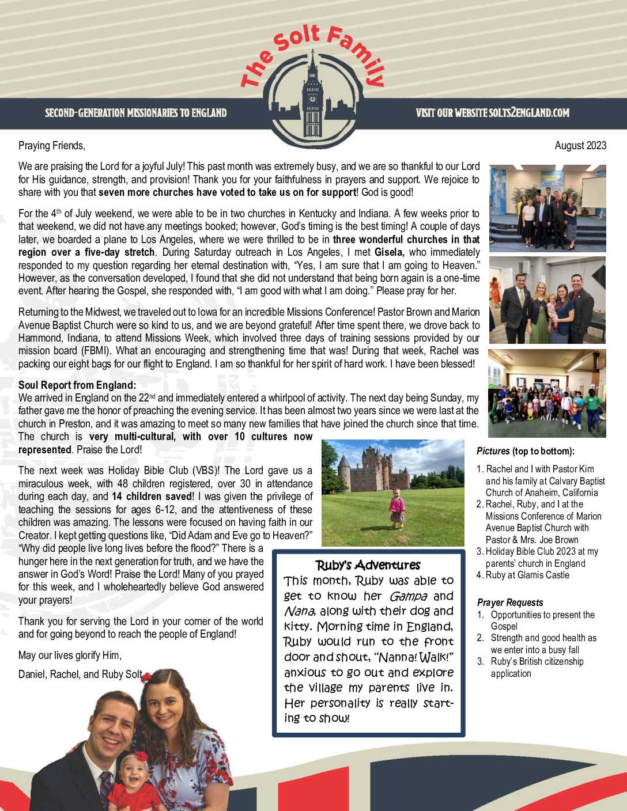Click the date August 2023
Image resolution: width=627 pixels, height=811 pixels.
[x=580, y=145]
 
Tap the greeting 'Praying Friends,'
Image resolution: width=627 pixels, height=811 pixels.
[x=52, y=145]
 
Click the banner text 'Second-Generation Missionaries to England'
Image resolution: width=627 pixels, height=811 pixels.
[x=136, y=112]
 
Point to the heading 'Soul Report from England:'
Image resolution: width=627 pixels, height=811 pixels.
[x=77, y=385]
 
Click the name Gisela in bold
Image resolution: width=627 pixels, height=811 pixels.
[x=389, y=252]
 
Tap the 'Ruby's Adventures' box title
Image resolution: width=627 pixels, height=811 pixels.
[x=368, y=565]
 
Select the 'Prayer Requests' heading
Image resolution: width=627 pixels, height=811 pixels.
[x=510, y=602]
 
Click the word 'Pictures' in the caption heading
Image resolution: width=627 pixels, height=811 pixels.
[x=493, y=451]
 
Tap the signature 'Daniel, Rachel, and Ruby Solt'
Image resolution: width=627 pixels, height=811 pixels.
[x=80, y=674]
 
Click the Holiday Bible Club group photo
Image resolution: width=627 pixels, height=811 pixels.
[x=547, y=393]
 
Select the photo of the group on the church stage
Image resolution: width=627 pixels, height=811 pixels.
[x=547, y=209]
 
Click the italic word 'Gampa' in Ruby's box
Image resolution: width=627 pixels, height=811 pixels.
[x=408, y=596]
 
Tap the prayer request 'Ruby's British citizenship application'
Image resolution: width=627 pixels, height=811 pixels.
[x=537, y=667]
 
